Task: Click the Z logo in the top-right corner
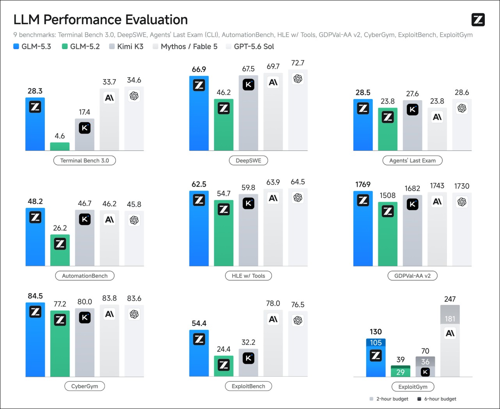click(x=478, y=19)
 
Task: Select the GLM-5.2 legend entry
click(x=81, y=46)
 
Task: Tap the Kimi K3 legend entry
click(x=126, y=46)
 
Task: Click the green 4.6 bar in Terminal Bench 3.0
click(x=60, y=147)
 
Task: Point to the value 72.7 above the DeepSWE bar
click(x=298, y=63)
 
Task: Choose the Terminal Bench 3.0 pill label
click(x=85, y=160)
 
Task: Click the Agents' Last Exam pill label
click(x=413, y=160)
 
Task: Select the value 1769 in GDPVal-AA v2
click(x=363, y=184)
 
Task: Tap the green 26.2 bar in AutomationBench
click(x=60, y=250)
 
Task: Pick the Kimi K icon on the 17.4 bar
click(x=85, y=128)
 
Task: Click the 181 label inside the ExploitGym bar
click(x=450, y=319)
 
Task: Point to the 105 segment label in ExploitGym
click(x=376, y=342)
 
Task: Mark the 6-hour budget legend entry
click(x=437, y=399)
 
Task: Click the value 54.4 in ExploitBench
click(x=199, y=323)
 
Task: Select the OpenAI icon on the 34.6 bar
click(x=134, y=96)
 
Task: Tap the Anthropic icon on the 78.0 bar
click(x=273, y=319)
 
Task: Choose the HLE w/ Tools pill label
click(x=248, y=276)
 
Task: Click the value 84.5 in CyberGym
click(x=35, y=296)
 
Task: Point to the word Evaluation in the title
click(x=156, y=19)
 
